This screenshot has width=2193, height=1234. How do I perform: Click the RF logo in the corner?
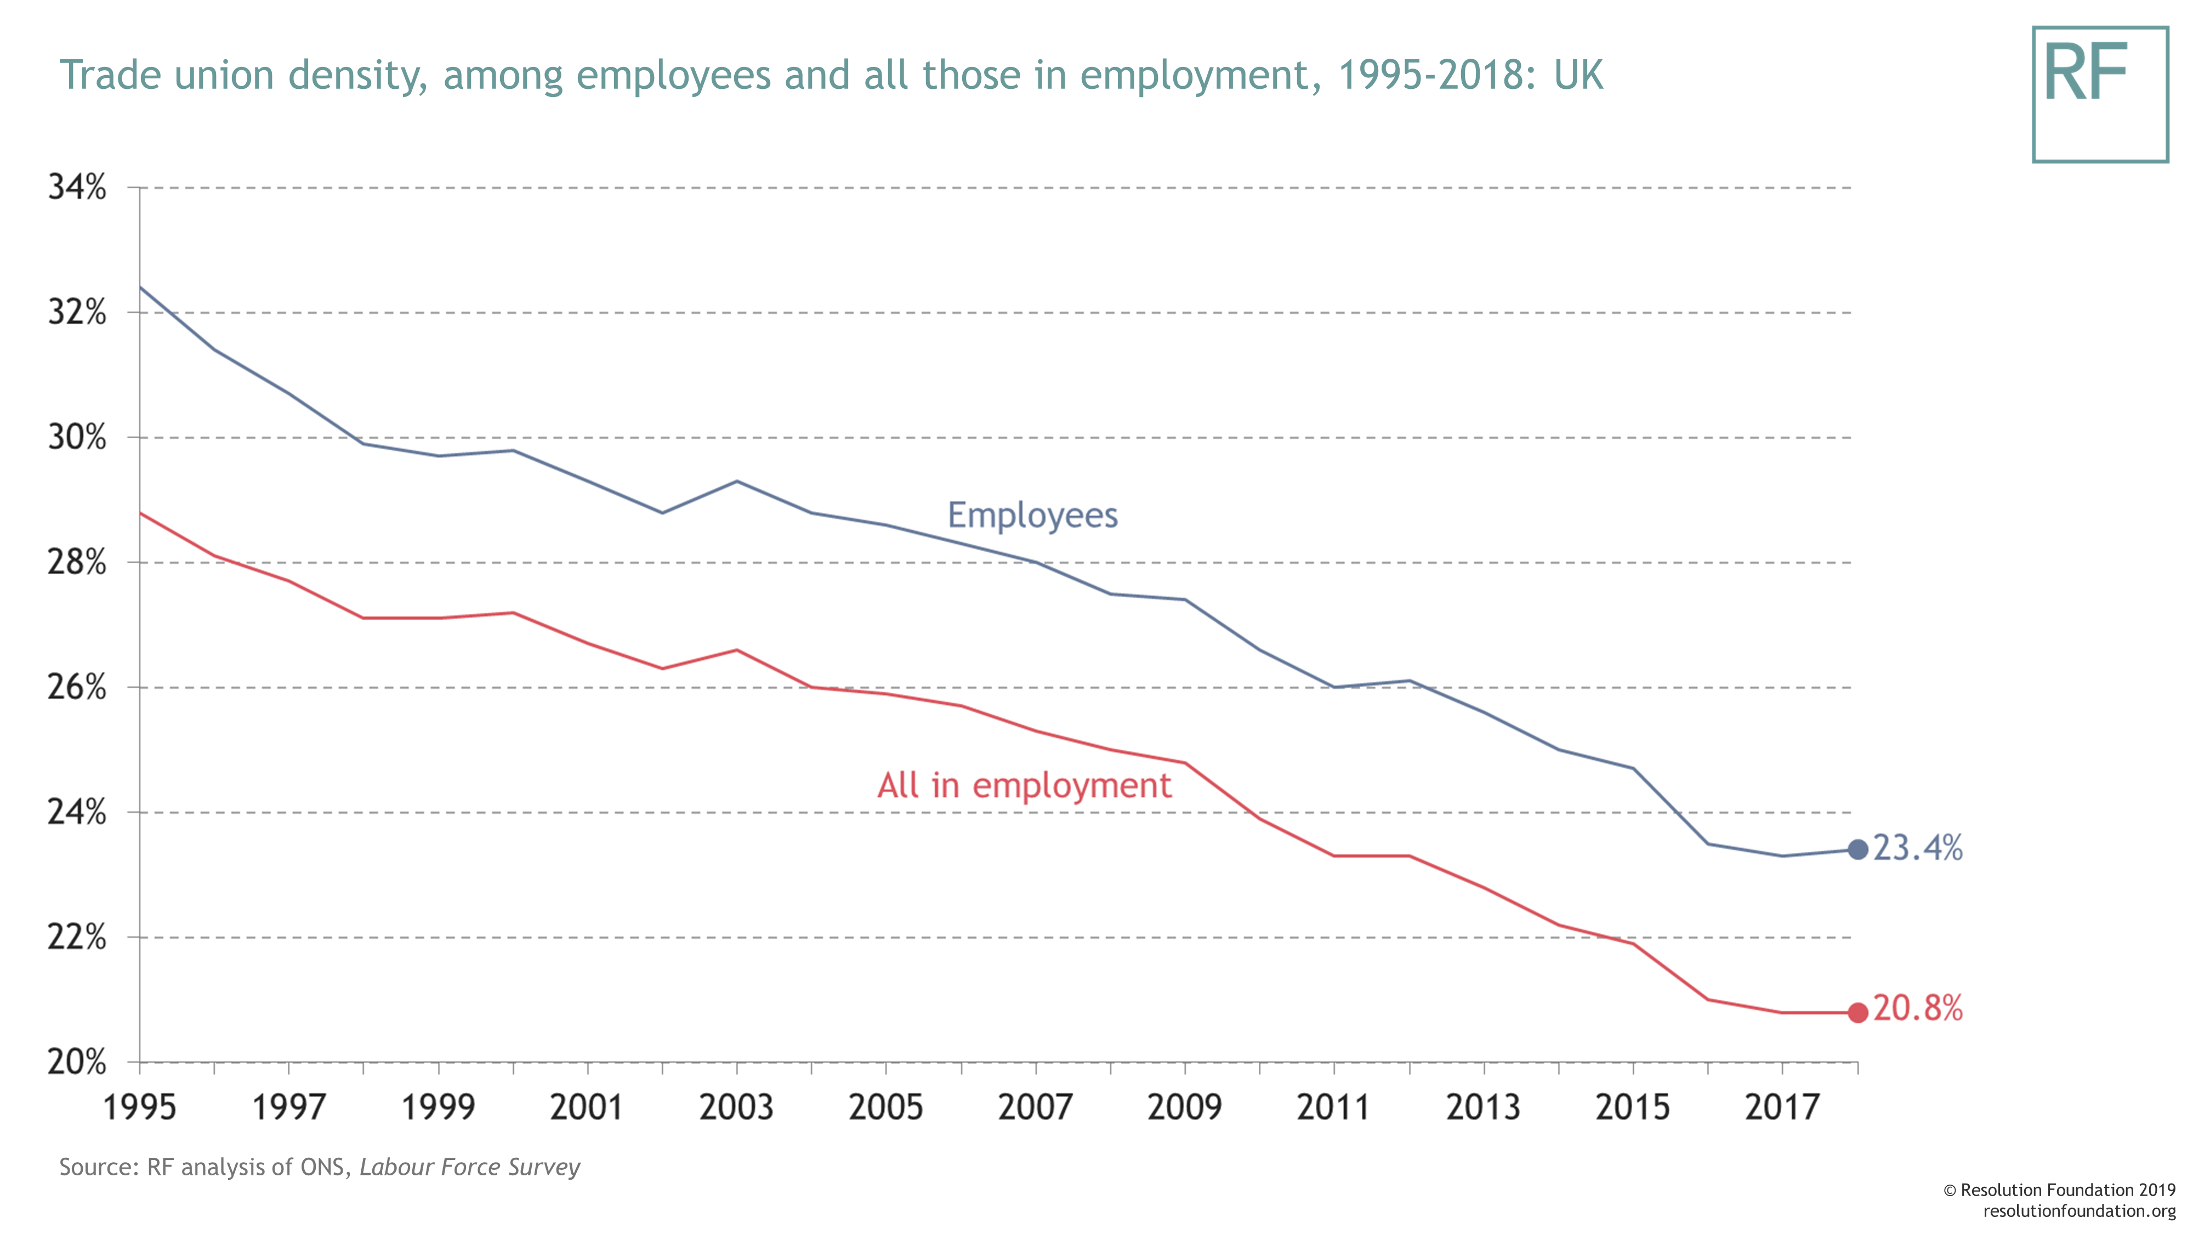click(x=2099, y=94)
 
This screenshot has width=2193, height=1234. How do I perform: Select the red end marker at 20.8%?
click(x=1857, y=1012)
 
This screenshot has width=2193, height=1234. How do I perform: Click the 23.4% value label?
click(x=1918, y=848)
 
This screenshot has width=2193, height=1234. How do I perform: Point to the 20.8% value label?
click(x=1918, y=1009)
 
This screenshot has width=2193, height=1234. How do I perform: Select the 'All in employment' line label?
click(x=1024, y=785)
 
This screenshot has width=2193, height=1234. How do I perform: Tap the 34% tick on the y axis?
click(x=77, y=188)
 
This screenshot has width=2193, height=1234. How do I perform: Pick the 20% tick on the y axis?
click(x=77, y=1062)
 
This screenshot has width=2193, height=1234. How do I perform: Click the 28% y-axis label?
click(x=77, y=562)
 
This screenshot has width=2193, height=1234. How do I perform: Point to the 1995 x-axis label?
click(x=140, y=1107)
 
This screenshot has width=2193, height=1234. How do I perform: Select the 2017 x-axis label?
click(x=1782, y=1107)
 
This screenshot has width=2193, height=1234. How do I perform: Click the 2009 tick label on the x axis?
click(x=1184, y=1107)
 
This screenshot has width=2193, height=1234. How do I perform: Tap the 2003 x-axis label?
click(x=736, y=1107)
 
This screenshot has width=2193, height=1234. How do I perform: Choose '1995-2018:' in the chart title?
click(x=1439, y=75)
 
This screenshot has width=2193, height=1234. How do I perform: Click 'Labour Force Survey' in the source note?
click(x=469, y=1167)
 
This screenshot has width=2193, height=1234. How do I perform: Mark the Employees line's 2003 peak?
click(x=736, y=481)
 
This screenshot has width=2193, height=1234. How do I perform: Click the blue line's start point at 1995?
click(x=140, y=288)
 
